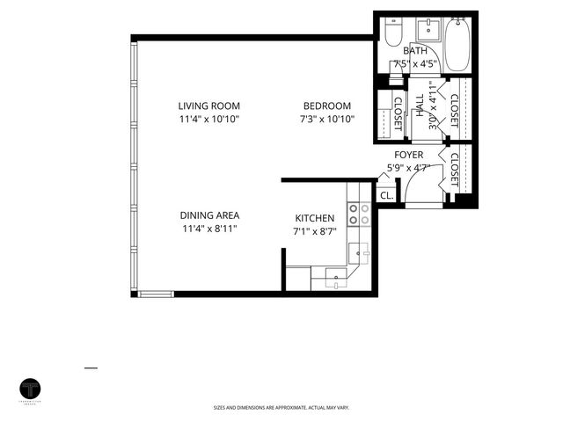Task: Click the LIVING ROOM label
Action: coord(208,105)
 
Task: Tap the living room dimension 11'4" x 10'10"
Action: coord(208,118)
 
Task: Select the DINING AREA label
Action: coord(209,215)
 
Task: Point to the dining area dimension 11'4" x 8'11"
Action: coord(209,229)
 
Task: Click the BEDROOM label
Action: coord(327,105)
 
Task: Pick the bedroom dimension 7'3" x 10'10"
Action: coord(327,118)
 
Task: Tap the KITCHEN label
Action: coord(314,218)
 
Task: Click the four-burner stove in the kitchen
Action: coord(360,212)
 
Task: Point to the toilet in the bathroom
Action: coord(393,33)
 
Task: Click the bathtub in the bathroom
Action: coord(457,44)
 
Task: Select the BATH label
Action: coord(415,52)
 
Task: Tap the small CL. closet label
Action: coord(386,195)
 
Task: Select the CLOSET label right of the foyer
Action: coord(454,168)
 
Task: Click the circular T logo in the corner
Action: coord(32,389)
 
